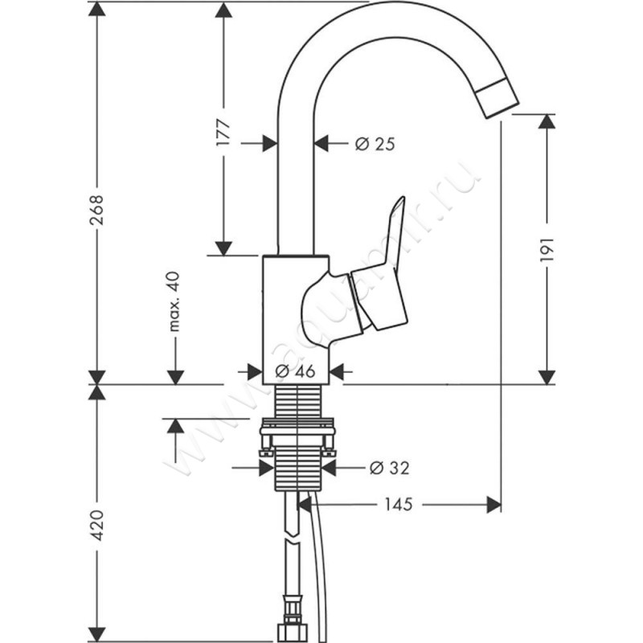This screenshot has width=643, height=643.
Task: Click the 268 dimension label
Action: click(96, 211)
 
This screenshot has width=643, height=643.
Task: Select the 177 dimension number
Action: click(224, 132)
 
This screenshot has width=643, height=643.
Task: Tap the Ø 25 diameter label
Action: click(375, 144)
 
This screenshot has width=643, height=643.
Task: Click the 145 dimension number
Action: click(397, 504)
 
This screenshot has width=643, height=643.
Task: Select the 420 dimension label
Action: click(96, 524)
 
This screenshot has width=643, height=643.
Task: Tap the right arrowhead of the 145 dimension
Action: click(494, 504)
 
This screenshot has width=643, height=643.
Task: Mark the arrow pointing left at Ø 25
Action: click(322, 144)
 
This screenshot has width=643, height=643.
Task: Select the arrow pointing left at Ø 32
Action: click(329, 467)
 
